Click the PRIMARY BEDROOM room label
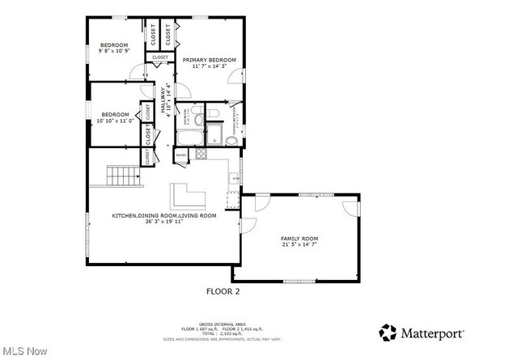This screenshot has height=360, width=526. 209,60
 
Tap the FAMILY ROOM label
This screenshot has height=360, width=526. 299,239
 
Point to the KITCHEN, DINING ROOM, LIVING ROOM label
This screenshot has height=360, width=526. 164,215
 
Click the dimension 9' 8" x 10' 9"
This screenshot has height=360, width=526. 114,52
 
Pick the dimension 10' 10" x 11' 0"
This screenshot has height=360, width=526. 114,121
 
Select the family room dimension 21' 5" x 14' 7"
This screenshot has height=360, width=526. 299,246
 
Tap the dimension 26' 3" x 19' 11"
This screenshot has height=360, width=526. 164,222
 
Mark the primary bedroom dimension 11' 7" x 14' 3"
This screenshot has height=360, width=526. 209,66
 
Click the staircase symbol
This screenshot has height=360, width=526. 123,175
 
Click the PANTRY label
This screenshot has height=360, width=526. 180,154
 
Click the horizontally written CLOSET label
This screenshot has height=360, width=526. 160,57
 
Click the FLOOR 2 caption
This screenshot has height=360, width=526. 223,290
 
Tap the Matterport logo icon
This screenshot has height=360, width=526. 388,332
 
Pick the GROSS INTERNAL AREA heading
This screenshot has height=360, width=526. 223,323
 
